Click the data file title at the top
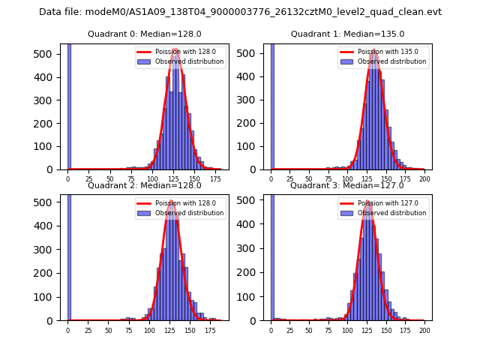[x=240, y=12]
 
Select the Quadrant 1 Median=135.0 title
[x=347, y=34]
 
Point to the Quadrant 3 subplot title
[x=347, y=185]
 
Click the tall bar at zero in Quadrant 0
[x=69, y=105]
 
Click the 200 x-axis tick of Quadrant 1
[x=424, y=179]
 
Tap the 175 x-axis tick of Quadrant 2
[x=211, y=330]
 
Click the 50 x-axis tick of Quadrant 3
[x=309, y=330]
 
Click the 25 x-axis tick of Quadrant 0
[x=88, y=179]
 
